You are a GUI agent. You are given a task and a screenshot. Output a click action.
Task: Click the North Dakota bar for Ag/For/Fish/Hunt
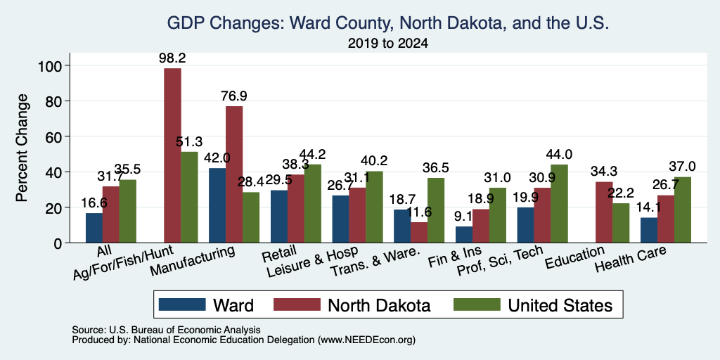pos(173,155)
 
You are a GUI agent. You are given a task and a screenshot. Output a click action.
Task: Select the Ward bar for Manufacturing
pos(217,205)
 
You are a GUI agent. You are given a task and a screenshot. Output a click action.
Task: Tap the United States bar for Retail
pos(313,203)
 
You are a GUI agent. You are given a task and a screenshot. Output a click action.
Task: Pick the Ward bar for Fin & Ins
pos(464,235)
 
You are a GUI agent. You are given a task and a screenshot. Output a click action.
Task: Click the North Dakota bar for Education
pos(604,212)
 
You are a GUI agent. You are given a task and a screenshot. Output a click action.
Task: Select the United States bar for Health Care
pos(682,210)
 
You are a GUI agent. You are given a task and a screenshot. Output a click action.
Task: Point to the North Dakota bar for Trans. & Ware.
pos(419,232)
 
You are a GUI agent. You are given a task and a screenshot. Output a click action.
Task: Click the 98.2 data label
pos(173,58)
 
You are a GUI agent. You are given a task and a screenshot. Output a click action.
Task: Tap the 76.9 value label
pos(233,96)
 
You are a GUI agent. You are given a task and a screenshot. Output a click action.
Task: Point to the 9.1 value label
pos(464,217)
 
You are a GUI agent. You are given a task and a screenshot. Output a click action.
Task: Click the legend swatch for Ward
pos(182,304)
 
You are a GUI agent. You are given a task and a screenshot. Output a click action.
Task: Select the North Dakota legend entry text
pos(379,305)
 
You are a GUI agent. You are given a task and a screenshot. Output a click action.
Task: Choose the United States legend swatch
pos(477,304)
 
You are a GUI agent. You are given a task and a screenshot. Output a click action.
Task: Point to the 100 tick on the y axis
pos(51,65)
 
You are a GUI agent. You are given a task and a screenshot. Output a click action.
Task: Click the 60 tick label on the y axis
pos(54,136)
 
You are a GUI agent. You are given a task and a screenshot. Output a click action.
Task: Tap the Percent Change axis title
pos(22,148)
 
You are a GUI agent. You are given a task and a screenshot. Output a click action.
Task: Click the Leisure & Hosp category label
pos(312,262)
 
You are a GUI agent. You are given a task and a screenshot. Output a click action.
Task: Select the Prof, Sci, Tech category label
pos(500,260)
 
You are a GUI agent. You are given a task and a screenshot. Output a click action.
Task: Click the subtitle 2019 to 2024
pos(388,44)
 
